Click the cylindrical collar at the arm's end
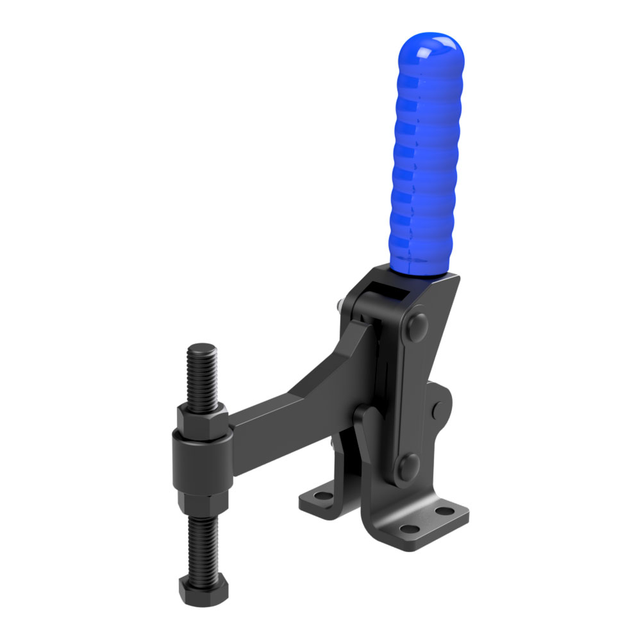200,463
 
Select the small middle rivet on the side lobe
438,408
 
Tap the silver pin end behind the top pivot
337,306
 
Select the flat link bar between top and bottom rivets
410,394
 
